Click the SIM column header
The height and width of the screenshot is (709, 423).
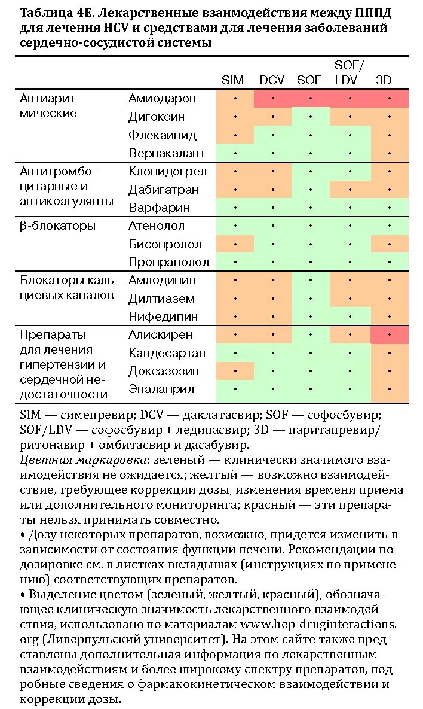point(233,80)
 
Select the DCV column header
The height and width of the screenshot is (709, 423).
point(272,80)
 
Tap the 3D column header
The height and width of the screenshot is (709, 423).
point(383,80)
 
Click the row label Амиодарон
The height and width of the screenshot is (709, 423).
point(162,98)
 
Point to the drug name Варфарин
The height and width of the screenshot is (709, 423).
point(160,208)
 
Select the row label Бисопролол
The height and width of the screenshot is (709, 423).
point(165,244)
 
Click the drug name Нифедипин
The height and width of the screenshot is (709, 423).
point(163,317)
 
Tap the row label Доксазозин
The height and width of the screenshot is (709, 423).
point(164,371)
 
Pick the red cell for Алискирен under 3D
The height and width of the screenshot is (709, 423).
point(389,335)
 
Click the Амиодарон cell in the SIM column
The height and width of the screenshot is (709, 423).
point(235,99)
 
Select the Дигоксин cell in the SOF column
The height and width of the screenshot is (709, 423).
point(310,117)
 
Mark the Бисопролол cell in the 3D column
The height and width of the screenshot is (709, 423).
point(389,244)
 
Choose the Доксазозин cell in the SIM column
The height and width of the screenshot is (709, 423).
point(235,371)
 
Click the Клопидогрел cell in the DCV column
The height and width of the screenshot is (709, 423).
point(272,171)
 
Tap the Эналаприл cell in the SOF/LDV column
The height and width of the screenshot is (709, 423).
point(350,390)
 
